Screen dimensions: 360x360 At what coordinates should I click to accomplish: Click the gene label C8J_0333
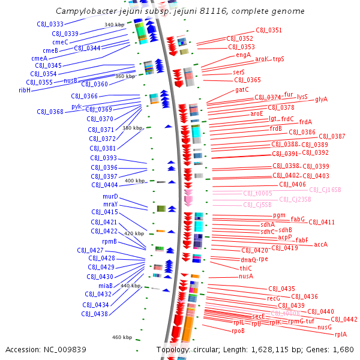pos(49,24)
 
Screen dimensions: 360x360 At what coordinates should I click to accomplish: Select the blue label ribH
pos(25,90)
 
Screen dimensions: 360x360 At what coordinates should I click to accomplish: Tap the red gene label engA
pos(243,55)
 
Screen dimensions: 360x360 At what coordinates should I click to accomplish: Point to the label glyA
pos(321,99)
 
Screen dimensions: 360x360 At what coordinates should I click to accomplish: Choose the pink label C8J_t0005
pos(257,193)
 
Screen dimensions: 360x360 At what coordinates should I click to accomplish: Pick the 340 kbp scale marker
pos(113,25)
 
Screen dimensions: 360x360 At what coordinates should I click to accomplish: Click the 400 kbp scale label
pos(134,181)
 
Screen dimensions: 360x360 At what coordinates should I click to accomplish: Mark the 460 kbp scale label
pos(122,337)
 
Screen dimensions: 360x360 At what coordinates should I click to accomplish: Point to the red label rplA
pos(340,334)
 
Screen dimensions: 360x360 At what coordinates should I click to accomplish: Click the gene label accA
pos(320,244)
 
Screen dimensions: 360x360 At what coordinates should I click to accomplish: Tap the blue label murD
pos(110,196)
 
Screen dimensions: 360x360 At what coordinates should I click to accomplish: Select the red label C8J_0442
pos(344,319)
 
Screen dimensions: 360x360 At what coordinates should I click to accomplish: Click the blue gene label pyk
pos(76,106)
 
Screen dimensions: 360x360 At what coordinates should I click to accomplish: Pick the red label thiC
pos(246,268)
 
